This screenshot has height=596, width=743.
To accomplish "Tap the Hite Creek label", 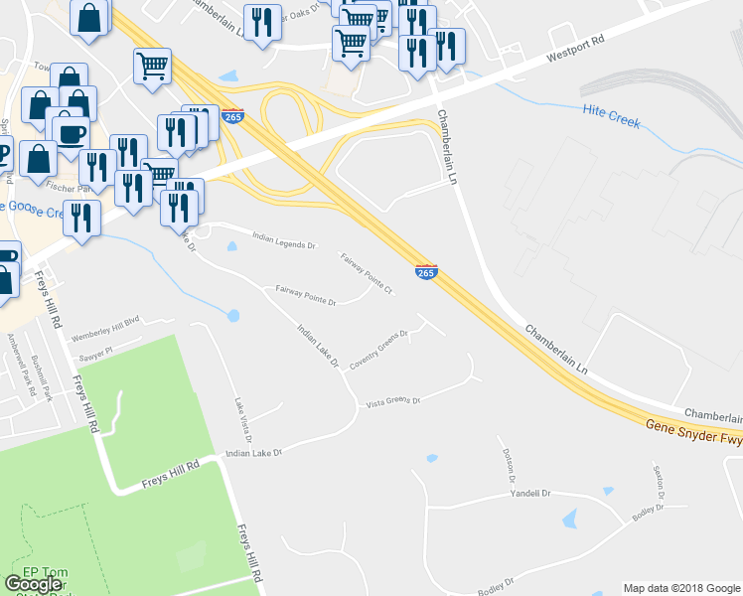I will coord(612,118).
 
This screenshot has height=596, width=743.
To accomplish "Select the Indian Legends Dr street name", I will coord(283,240).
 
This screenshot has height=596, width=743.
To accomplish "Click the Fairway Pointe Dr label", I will coord(306,294).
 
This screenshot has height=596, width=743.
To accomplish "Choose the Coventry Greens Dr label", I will coord(378,347).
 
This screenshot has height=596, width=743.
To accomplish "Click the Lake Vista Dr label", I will coord(243,420).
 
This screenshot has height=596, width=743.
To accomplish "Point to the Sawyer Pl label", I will coord(96,350).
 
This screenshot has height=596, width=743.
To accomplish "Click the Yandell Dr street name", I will coord(529,493).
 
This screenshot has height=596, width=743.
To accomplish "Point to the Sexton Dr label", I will coord(657,482).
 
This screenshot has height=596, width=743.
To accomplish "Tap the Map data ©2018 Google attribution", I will coord(680,588).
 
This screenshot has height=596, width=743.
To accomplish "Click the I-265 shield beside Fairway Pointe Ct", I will coord(425,270).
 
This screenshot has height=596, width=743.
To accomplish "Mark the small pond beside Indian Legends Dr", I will coord(231,245).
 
